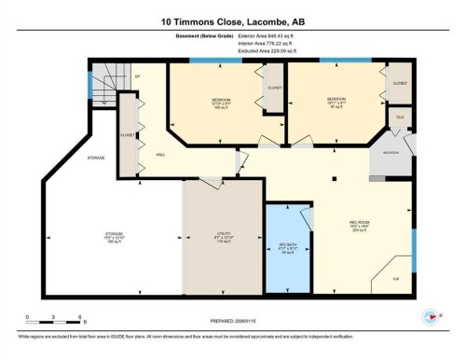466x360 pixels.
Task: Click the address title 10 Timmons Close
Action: click(232, 20)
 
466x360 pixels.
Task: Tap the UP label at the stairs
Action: click(137, 76)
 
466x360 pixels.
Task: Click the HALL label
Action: click(160, 154)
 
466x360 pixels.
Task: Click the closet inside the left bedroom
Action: click(274, 88)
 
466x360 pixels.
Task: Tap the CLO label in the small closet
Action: click(399, 117)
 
